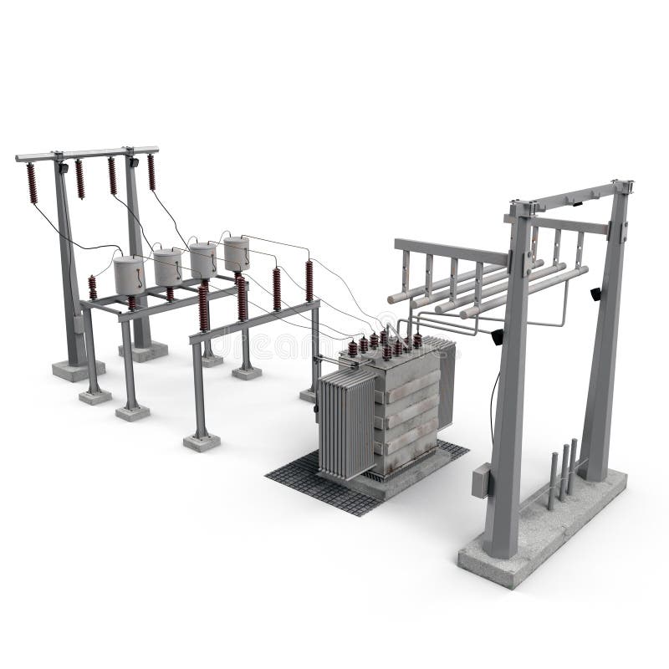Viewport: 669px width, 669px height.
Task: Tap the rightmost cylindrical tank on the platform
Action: [237, 253]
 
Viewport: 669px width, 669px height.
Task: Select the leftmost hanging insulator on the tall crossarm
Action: [32, 183]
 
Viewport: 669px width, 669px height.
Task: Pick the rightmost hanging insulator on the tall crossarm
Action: [151, 172]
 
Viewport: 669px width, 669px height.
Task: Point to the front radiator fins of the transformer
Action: [345, 426]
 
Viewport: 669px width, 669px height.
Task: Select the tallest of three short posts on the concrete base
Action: [574, 465]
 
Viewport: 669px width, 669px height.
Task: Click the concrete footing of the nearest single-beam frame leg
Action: [202, 441]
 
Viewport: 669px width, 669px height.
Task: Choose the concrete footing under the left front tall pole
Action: [78, 369]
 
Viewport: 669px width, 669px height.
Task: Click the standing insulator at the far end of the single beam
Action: [309, 280]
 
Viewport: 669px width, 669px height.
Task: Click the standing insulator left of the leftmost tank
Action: [93, 288]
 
